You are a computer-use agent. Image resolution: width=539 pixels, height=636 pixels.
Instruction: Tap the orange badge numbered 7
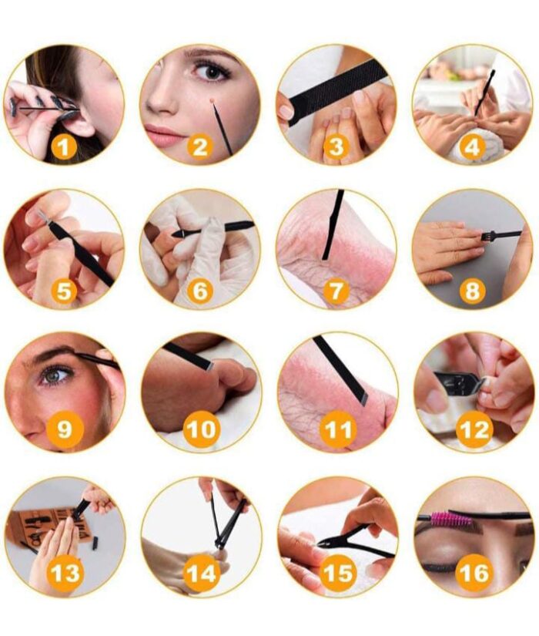335,291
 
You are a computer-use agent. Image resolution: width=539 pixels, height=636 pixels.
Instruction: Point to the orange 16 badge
474,574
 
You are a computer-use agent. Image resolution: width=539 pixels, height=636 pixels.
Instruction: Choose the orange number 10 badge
202,430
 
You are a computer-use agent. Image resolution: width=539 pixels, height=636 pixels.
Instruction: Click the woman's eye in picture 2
212,72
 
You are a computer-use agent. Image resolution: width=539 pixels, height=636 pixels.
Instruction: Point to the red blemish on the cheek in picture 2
212,100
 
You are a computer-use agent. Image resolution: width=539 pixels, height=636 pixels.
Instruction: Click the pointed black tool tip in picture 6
179,234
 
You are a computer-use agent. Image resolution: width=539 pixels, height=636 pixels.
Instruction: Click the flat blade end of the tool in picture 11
363,399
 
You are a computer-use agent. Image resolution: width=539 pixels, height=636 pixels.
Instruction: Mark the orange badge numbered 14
202,574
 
